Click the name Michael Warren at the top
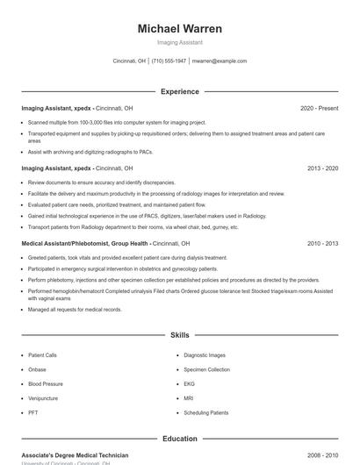coord(179,29)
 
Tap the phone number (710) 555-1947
coord(169,61)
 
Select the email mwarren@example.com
coord(220,61)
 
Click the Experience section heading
coord(179,91)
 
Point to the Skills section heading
coord(179,335)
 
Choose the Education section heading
coord(179,439)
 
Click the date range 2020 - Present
coord(319,108)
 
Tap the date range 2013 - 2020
coord(322,168)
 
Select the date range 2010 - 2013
coord(322,243)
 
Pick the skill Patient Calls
coord(43,355)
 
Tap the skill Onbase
coord(37,369)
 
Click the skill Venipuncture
coord(43,398)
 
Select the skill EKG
coord(189,383)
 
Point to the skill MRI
coord(189,398)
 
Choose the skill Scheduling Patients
coord(205,412)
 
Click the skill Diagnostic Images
coord(205,355)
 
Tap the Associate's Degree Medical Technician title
coord(75,455)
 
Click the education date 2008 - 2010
coord(322,455)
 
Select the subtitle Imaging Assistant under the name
coord(179,42)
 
